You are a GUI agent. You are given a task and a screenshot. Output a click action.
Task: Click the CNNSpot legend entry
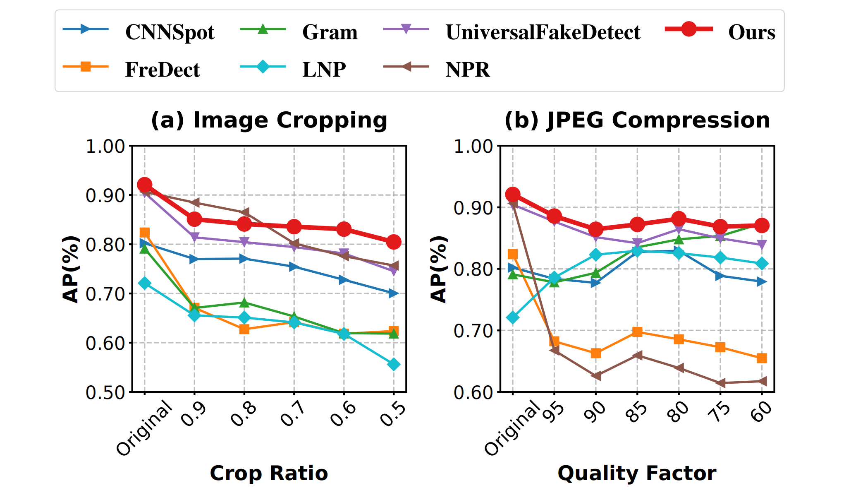(x=170, y=32)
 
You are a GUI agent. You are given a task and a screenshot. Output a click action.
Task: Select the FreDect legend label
(x=162, y=70)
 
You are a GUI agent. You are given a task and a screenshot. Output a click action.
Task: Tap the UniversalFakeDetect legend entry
(x=543, y=32)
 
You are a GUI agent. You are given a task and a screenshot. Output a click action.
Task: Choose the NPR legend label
(x=467, y=70)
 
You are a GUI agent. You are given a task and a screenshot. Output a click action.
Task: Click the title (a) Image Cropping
(x=269, y=120)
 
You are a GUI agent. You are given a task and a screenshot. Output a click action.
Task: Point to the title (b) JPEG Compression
(x=637, y=120)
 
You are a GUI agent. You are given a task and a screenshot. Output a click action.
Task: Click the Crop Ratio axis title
(x=269, y=473)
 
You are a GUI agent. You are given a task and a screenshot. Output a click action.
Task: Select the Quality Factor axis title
(x=637, y=473)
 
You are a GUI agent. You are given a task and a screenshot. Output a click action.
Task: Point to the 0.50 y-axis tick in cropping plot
(x=105, y=392)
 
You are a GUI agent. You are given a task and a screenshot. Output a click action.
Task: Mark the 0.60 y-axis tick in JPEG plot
(x=473, y=392)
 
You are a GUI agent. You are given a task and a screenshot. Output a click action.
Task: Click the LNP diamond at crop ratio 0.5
(x=394, y=365)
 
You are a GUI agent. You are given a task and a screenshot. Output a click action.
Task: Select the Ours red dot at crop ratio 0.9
(x=194, y=219)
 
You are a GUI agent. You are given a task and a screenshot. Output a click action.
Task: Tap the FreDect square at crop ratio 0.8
(x=244, y=329)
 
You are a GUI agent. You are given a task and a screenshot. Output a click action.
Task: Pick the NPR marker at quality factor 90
(x=595, y=376)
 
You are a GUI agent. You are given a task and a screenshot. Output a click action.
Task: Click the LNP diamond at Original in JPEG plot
(x=513, y=317)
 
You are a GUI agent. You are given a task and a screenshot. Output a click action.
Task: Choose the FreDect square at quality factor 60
(x=762, y=358)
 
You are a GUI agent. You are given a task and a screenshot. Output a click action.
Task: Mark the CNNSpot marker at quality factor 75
(x=720, y=276)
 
